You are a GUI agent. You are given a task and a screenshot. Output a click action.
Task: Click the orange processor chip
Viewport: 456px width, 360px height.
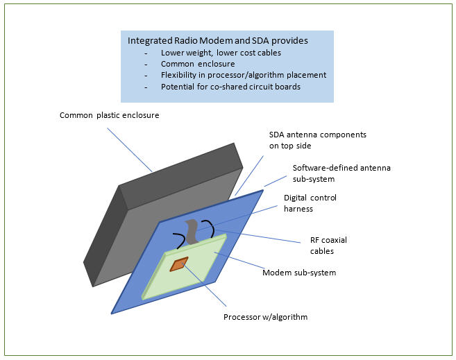coord(180,264)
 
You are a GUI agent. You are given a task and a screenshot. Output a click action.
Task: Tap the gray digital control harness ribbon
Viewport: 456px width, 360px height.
coord(192,230)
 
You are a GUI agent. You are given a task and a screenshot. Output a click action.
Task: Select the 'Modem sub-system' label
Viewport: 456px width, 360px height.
coord(298,273)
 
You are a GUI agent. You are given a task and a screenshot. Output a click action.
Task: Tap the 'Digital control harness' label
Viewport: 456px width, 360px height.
coord(310,203)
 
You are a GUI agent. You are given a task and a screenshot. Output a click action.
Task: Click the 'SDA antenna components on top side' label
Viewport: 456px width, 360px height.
coord(316,139)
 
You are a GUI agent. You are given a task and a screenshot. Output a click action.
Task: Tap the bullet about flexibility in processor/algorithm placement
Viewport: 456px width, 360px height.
coord(243,75)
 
